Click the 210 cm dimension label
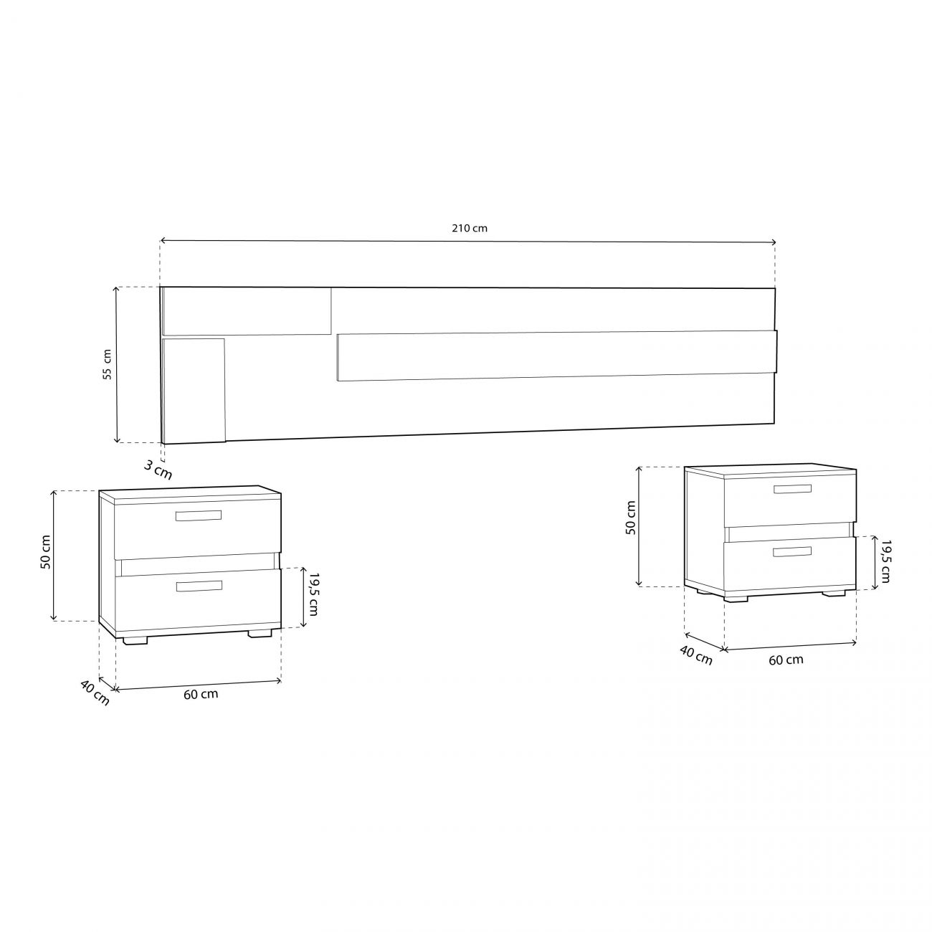[x=469, y=228]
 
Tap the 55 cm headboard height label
[x=107, y=364]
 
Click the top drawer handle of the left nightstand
[x=199, y=515]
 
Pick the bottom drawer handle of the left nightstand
[x=199, y=586]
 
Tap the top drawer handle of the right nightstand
[x=792, y=488]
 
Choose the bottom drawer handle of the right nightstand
[x=791, y=552]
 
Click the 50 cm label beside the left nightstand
[x=45, y=552]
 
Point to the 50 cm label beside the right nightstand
[x=630, y=517]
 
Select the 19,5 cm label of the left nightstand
[x=313, y=594]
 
